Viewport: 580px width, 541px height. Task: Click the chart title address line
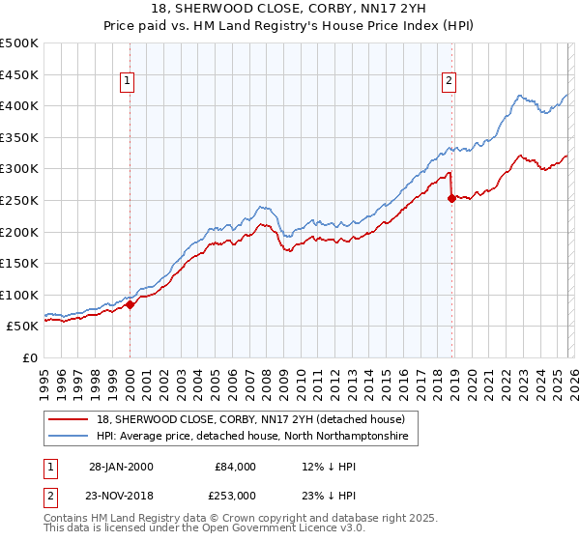click(x=290, y=9)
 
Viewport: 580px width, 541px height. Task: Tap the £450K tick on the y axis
click(x=20, y=74)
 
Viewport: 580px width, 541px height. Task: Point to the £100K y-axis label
click(x=20, y=295)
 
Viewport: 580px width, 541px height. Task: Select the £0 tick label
click(x=30, y=357)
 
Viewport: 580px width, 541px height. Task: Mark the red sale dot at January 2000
click(x=130, y=304)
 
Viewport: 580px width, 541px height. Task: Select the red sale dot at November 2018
click(x=451, y=198)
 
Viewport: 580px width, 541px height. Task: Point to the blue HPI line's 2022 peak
click(x=520, y=96)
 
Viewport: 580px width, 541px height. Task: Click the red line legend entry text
click(x=256, y=419)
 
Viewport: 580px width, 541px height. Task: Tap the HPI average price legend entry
click(x=252, y=437)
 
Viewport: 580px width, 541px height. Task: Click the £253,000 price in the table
click(x=236, y=495)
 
